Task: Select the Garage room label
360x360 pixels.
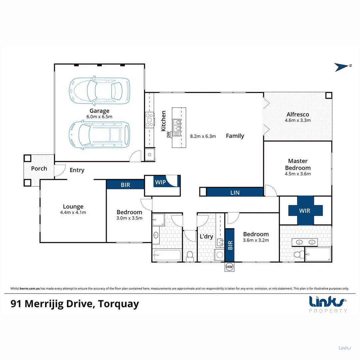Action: (99, 111)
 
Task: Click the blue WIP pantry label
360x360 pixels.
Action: (160, 182)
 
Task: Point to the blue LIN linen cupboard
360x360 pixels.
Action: (235, 192)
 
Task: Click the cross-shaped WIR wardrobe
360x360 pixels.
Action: (306, 210)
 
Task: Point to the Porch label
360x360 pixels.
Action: (39, 168)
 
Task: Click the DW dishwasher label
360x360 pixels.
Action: (168, 134)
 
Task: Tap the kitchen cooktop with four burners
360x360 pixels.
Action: (149, 120)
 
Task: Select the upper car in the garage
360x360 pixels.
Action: (99, 91)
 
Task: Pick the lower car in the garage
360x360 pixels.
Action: (99, 134)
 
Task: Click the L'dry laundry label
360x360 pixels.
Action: (206, 236)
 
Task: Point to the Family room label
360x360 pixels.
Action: (235, 136)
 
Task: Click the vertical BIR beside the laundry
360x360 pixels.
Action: (230, 245)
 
